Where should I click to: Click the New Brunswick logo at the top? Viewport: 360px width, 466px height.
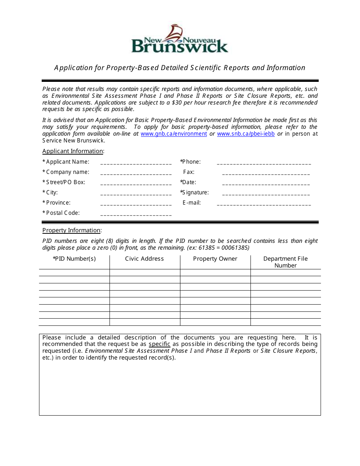(180, 39)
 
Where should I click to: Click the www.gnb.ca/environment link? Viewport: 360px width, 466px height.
(174, 134)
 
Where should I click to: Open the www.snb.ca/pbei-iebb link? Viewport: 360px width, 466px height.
(246, 134)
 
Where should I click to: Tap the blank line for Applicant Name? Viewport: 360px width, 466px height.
(136, 163)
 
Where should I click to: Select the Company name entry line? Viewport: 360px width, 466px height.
(136, 174)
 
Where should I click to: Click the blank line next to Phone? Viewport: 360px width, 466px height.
(264, 163)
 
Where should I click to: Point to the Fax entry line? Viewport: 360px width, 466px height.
(266, 174)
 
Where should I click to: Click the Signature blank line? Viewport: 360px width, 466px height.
(266, 194)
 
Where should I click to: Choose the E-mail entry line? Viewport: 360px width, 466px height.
(264, 204)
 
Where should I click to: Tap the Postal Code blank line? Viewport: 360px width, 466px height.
(136, 214)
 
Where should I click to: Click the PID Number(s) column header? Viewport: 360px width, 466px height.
(74, 259)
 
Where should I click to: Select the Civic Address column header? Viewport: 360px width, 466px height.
(144, 259)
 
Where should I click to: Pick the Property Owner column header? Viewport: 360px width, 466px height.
(215, 259)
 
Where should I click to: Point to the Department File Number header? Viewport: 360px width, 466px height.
(285, 262)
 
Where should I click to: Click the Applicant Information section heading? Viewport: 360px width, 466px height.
(73, 151)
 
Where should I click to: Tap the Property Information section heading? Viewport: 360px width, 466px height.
(71, 230)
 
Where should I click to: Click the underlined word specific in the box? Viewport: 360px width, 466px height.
(159, 344)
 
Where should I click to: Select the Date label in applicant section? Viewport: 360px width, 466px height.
(189, 182)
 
